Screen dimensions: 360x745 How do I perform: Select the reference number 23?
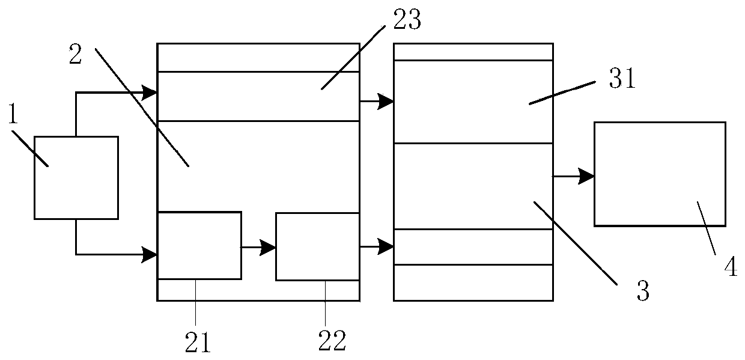coord(407,22)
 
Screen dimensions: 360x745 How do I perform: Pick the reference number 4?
coord(730,266)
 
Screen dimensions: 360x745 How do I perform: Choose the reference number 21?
coord(198,341)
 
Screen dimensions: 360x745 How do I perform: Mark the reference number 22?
coord(332,341)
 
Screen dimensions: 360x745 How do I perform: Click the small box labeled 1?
coord(76,177)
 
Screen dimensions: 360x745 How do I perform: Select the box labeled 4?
coord(659,174)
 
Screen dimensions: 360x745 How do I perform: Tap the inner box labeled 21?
coord(199,245)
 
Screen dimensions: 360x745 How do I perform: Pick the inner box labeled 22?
coord(317,246)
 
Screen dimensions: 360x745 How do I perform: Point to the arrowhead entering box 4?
coord(587,176)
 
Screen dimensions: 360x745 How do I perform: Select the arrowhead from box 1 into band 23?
coord(150,93)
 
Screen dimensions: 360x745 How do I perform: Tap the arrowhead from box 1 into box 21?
coord(150,254)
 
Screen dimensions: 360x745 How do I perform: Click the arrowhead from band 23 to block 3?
coord(386,102)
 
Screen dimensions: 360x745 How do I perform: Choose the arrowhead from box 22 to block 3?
coord(386,246)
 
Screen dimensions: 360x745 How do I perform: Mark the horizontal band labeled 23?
coord(258,96)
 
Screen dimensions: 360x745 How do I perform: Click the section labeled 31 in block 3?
coord(472,102)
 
